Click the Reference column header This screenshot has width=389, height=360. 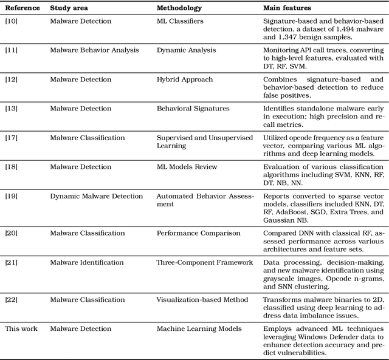22,8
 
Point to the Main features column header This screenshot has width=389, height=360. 287,8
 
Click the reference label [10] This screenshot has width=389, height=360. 12,21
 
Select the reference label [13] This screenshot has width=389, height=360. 12,109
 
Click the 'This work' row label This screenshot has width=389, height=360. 21,329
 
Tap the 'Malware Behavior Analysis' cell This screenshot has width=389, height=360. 94,50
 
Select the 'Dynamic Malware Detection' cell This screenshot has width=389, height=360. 97,196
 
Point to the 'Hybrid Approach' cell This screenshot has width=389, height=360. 185,80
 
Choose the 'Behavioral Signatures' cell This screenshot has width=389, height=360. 193,109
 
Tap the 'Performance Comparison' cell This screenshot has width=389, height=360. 198,233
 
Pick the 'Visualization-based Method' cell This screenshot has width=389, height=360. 202,300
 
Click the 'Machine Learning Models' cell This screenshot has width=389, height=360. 199,329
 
